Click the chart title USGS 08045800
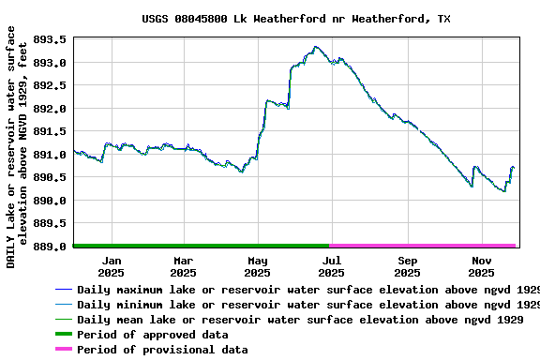coord(295,19)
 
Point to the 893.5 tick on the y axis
coord(50,40)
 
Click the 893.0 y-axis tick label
coord(50,63)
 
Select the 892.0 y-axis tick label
coord(50,109)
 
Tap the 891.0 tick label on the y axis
coord(50,155)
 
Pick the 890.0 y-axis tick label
coord(50,201)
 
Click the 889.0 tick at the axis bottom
coord(50,247)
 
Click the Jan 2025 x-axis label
coord(111,266)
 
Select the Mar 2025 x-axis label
coord(183,266)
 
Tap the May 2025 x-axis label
coord(257,266)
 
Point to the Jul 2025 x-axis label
coord(331,266)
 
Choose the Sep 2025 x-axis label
coord(407,266)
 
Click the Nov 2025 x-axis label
coord(481,266)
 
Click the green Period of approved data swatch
coord(63,335)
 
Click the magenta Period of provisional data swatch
coord(63,350)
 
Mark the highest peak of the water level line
coord(316,46)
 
